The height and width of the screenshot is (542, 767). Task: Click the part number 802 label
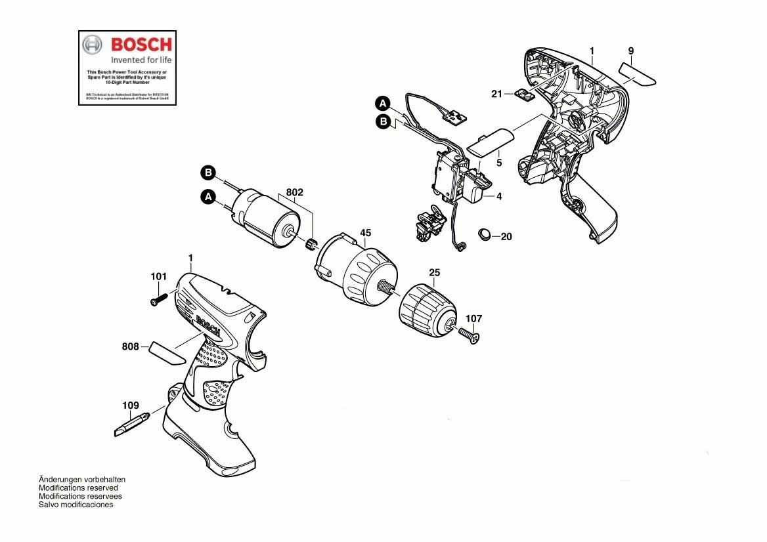point(295,193)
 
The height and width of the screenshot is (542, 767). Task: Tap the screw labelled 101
point(158,300)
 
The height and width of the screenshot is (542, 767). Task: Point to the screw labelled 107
point(471,336)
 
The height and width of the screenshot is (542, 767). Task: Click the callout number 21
point(497,94)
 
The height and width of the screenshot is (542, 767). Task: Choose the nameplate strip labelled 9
point(638,73)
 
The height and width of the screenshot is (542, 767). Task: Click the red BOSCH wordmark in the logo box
point(141,45)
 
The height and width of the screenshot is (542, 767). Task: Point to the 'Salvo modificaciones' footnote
point(76,505)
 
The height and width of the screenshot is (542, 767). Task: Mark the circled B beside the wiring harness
point(382,121)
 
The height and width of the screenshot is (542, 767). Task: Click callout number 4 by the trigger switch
point(499,196)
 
